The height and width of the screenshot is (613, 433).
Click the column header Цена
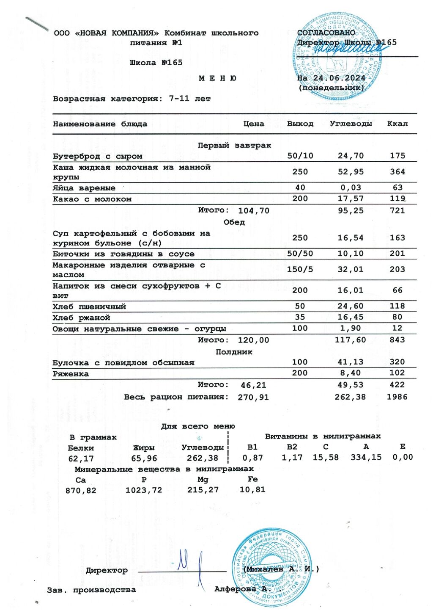pyautogui.click(x=254, y=124)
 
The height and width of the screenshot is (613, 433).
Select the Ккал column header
pyautogui.click(x=397, y=124)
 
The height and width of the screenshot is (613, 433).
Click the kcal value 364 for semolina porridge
pyautogui.click(x=397, y=172)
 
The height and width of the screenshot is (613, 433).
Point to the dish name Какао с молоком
pyautogui.click(x=92, y=199)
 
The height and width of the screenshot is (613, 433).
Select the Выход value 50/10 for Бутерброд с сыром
pyautogui.click(x=300, y=156)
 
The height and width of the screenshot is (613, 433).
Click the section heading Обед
pyautogui.click(x=234, y=222)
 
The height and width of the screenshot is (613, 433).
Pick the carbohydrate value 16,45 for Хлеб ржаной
pyautogui.click(x=350, y=317)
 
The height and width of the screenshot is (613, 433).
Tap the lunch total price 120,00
pyautogui.click(x=253, y=340)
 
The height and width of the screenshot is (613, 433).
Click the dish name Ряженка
pyautogui.click(x=71, y=374)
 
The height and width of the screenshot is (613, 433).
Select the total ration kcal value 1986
pyautogui.click(x=397, y=397)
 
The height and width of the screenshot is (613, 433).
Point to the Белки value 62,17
pyautogui.click(x=81, y=458)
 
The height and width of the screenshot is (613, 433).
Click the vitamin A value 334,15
pyautogui.click(x=366, y=457)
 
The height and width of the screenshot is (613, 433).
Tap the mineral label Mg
pyautogui.click(x=203, y=480)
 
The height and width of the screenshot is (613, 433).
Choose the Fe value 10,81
pyautogui.click(x=252, y=490)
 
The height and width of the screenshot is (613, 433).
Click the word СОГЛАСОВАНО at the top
pyautogui.click(x=326, y=33)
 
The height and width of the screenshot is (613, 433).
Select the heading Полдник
pyautogui.click(x=234, y=352)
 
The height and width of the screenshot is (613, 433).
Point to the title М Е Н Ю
pyautogui.click(x=217, y=78)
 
